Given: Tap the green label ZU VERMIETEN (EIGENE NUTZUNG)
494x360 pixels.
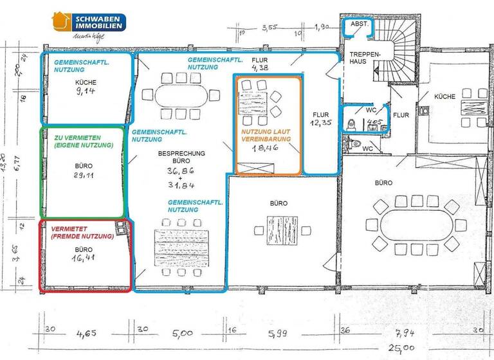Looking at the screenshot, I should (84, 141).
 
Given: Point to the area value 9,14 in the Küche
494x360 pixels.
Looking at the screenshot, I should (86, 91).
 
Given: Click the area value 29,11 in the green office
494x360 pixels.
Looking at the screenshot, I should (84, 174).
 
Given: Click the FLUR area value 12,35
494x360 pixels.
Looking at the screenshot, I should (320, 122).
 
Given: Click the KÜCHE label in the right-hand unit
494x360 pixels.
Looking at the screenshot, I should (444, 96).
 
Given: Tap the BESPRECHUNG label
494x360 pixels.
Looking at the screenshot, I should (181, 154).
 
